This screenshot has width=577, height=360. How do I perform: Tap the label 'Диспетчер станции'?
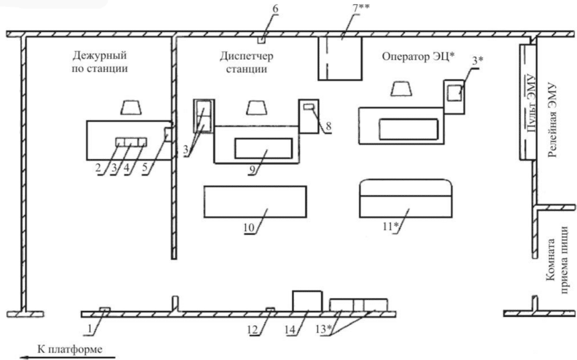pos(248,62)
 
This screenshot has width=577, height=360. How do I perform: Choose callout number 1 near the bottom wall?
pos(93,333)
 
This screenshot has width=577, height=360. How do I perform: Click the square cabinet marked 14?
pos(307,300)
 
